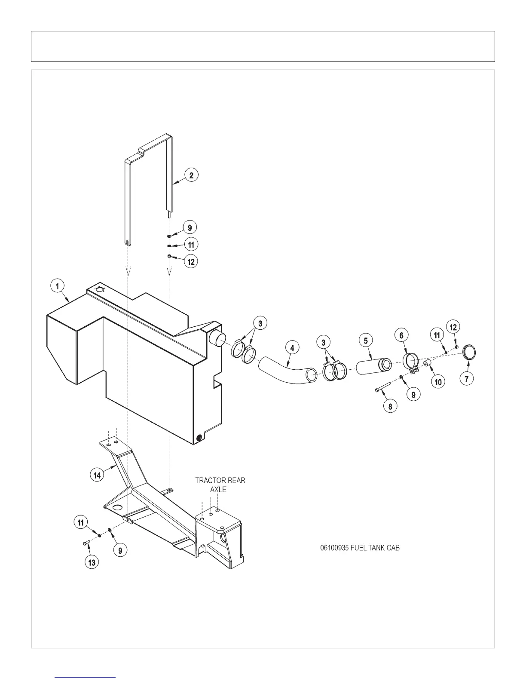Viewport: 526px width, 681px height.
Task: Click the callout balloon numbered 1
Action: [57, 285]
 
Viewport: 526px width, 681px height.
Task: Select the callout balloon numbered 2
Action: [191, 175]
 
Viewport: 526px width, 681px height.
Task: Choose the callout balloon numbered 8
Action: [390, 406]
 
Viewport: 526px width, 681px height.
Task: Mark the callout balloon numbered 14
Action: [97, 475]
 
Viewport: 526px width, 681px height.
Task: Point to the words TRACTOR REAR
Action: [220, 480]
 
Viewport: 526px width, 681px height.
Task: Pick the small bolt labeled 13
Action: [85, 544]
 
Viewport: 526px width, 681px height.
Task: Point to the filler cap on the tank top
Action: [100, 289]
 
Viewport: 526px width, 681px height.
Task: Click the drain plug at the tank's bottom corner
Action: [199, 439]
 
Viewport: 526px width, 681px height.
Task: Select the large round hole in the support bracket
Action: [116, 508]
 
